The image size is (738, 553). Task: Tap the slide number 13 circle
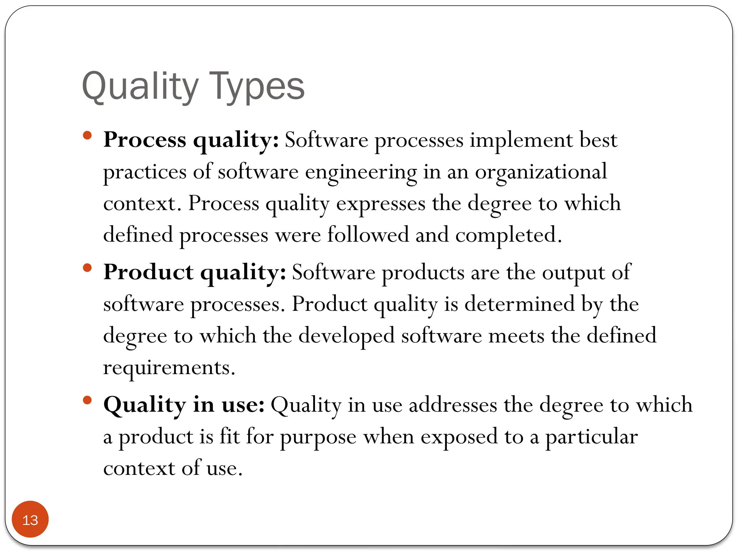coord(30,520)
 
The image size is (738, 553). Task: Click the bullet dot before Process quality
coord(87,136)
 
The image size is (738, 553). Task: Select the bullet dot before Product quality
coord(87,268)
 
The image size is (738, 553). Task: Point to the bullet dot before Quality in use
coord(87,400)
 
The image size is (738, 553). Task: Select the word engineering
coord(361,172)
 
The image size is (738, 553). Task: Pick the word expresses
coord(381,204)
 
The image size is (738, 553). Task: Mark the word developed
coord(346,336)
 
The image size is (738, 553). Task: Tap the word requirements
coord(169,368)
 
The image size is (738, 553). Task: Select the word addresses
coord(453,405)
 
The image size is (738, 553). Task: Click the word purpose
coord(318,437)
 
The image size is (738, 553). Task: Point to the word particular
coord(591,436)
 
